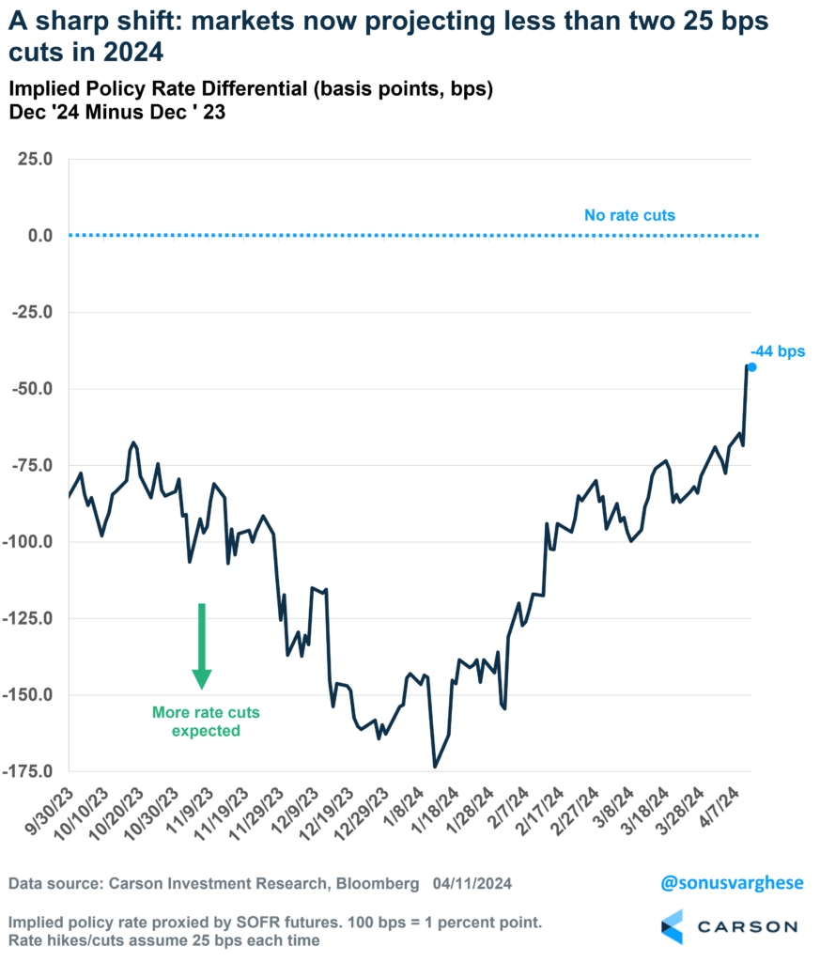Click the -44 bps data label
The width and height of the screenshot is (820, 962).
click(779, 351)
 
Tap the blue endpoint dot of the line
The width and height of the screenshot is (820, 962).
click(751, 367)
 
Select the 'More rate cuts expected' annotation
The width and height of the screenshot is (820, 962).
click(206, 721)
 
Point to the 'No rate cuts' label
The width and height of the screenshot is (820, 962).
click(629, 215)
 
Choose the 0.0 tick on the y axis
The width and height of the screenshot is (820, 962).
click(36, 235)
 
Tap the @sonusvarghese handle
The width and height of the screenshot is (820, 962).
click(719, 884)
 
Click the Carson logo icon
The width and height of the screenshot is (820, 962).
click(673, 926)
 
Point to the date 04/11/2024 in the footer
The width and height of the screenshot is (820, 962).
click(473, 884)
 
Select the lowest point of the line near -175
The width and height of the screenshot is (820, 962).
click(434, 767)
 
